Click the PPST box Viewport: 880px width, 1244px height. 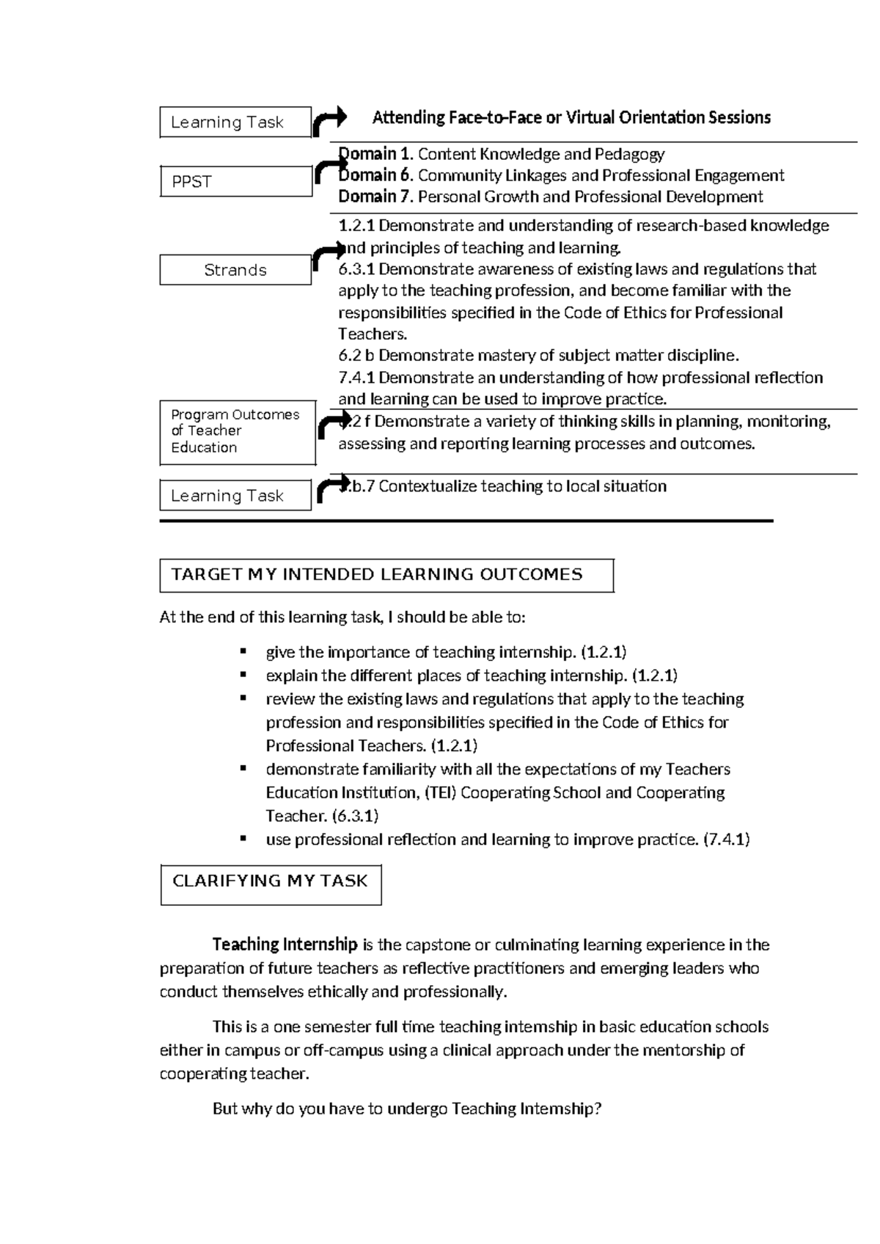[x=235, y=182]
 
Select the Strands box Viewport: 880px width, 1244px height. [x=235, y=270]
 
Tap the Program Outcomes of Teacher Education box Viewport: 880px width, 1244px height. [x=237, y=432]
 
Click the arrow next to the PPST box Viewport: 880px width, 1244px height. [x=325, y=173]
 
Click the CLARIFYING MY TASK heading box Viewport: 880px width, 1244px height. [x=271, y=882]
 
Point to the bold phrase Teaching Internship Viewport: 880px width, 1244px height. [x=285, y=945]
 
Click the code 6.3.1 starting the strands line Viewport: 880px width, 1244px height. [x=356, y=269]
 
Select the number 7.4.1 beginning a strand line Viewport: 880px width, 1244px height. [x=356, y=378]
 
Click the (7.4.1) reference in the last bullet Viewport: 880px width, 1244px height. [x=726, y=840]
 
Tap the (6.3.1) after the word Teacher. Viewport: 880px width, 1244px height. [x=355, y=816]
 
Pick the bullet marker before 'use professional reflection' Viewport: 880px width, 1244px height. [x=243, y=838]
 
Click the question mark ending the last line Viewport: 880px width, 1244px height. [x=598, y=1109]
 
